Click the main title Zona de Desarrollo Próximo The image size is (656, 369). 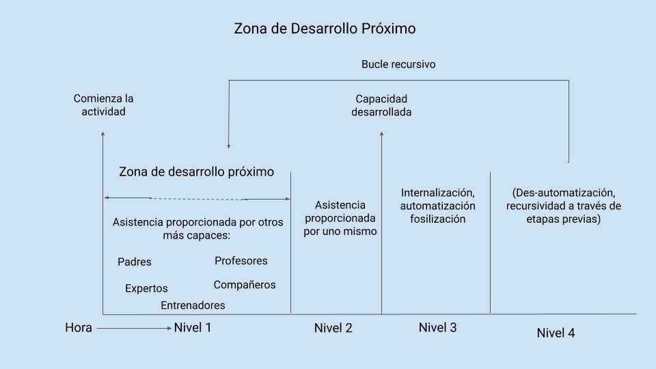coord(325,29)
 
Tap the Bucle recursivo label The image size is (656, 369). coord(398,64)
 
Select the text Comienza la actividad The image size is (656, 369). coord(103,105)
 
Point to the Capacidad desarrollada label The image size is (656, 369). coord(381,105)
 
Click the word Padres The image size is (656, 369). coord(135,262)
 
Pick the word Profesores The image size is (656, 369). coord(241,260)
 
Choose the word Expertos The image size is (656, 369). coord(146,288)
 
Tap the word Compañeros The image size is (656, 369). coord(245,285)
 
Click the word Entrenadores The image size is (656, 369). coord(193,305)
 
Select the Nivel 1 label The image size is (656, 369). coord(193,327)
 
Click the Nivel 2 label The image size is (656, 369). coord(333,328)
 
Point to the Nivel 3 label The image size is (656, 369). coord(437,327)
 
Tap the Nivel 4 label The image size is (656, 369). coord(556,333)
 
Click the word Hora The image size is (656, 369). coord(78,327)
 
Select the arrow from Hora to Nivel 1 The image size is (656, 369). coord(135,329)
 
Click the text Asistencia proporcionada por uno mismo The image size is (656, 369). coord(340,218)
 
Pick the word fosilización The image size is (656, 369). coord(437,219)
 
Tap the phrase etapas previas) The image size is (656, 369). coord(564,219)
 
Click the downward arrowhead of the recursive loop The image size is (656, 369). coord(228,146)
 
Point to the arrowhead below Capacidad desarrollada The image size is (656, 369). coord(381,134)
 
